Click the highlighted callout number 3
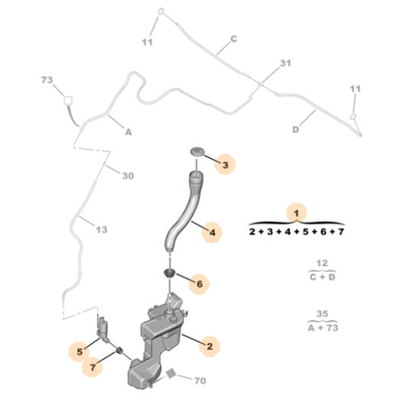tap(226, 165)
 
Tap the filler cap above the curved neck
tap(197, 151)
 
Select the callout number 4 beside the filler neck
tap(212, 232)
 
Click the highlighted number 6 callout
tap(200, 284)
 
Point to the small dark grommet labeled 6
tap(170, 274)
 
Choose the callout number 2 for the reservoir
tap(209, 346)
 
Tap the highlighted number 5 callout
tap(79, 352)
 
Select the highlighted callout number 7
tap(93, 366)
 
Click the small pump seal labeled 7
tap(120, 350)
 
